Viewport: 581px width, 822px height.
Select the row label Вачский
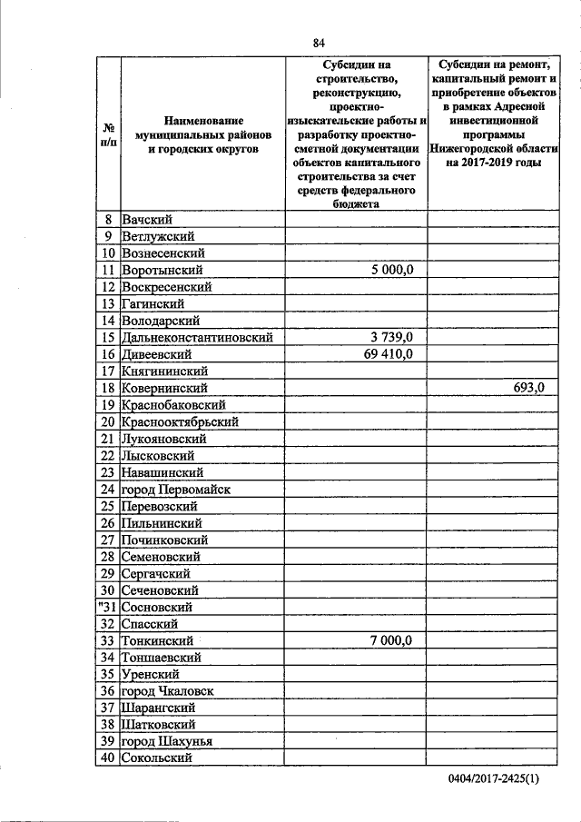[x=147, y=220]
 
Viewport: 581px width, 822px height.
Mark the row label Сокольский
[x=156, y=758]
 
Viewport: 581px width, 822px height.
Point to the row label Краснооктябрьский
[x=180, y=422]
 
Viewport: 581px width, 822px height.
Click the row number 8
[x=108, y=220]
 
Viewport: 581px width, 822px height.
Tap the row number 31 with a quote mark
[x=107, y=607]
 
